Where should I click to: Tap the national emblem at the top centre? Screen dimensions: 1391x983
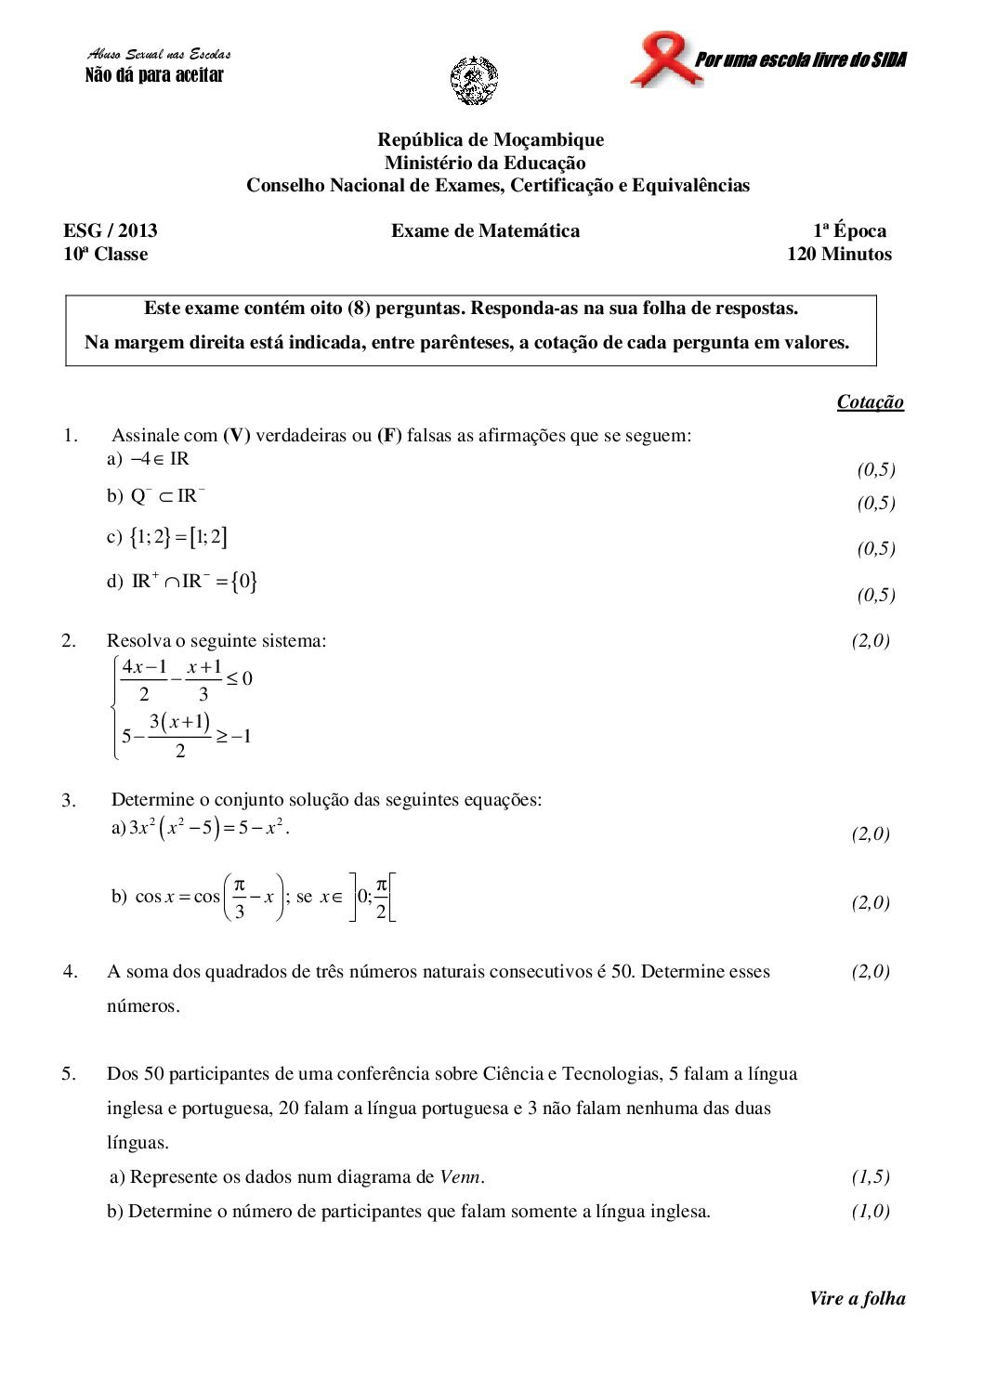[x=473, y=80]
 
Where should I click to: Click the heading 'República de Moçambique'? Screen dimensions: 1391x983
[x=491, y=139]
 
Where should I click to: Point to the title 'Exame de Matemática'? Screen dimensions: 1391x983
[x=485, y=230]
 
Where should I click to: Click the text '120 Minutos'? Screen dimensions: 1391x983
[x=839, y=254]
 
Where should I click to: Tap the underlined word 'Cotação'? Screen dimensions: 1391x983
[x=870, y=401]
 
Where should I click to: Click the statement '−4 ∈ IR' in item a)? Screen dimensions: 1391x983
[x=161, y=459]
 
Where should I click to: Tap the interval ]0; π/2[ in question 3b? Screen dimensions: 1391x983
[x=374, y=898]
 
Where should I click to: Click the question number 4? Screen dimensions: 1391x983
[x=70, y=972]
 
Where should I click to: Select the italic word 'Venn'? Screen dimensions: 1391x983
[x=460, y=1177]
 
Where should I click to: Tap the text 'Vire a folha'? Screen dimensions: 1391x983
[x=857, y=1298]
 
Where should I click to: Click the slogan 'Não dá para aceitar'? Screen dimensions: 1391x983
[x=154, y=75]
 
